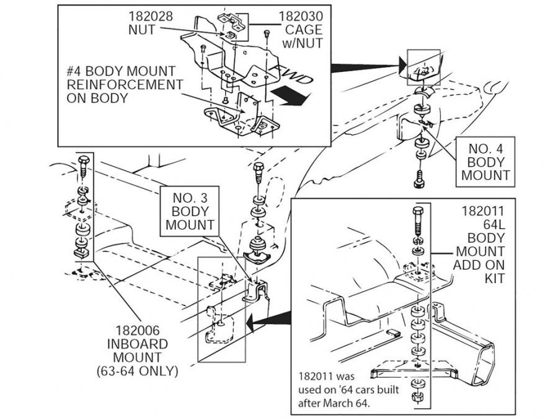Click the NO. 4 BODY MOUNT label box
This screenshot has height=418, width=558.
point(485,162)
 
